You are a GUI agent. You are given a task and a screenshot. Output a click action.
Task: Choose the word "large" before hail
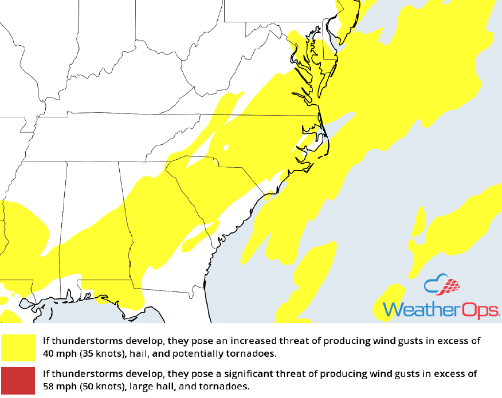[140, 387]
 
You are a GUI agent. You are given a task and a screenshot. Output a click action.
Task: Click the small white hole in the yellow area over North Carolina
[226, 148]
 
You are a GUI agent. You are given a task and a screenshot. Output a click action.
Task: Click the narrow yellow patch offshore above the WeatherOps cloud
[418, 223]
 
